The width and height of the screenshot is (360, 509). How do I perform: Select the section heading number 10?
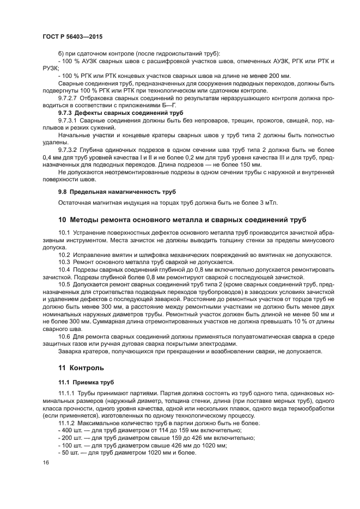tap(62, 220)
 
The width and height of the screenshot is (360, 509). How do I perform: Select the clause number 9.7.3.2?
tap(69, 150)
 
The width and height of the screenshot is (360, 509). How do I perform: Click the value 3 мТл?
tap(268, 203)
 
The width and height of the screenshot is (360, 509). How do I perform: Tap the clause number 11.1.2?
tap(68, 422)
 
